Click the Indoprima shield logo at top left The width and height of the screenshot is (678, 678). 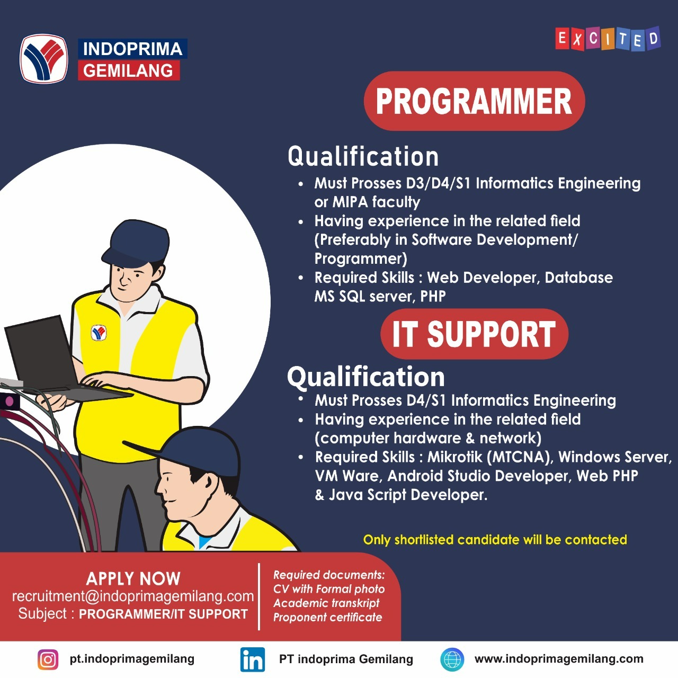point(43,58)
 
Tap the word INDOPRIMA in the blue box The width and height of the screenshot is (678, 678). point(132,49)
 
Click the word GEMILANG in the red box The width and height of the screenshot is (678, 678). point(128,70)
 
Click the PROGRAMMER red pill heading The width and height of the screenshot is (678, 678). point(474,101)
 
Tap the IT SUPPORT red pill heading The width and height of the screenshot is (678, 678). point(474,334)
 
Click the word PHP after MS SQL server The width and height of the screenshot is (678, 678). point(433,296)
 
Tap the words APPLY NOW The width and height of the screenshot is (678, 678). point(133,578)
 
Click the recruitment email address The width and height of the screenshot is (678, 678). point(133,596)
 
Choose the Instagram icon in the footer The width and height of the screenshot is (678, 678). point(48,659)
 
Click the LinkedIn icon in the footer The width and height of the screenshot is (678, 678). point(253,659)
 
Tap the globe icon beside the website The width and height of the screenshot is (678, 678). point(452,659)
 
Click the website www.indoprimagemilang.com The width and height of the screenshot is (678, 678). point(559,658)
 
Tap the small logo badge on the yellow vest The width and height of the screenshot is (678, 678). point(99,333)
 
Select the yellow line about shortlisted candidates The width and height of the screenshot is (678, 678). point(495,539)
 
